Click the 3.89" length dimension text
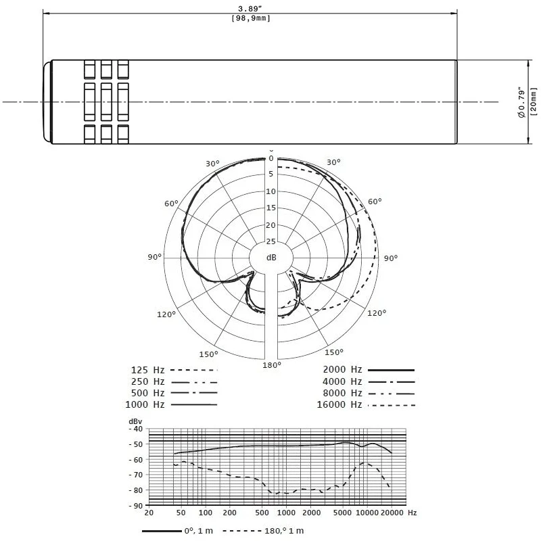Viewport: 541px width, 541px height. (x=250, y=9)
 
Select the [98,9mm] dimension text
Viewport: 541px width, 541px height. (x=251, y=18)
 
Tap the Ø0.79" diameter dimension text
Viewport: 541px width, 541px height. (x=521, y=103)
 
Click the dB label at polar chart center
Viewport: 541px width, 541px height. (x=271, y=258)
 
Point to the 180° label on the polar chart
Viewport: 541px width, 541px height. (x=272, y=365)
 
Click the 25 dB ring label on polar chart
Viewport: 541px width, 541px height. (x=271, y=241)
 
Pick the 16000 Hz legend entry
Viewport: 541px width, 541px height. (x=366, y=404)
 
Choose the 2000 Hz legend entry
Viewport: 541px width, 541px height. (x=369, y=370)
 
